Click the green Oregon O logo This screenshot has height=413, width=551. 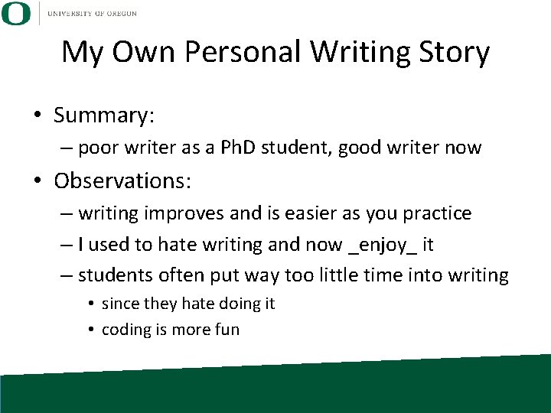[16, 13]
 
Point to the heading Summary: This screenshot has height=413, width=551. [104, 115]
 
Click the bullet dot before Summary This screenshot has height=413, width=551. [37, 116]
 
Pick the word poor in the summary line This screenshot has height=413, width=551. [95, 148]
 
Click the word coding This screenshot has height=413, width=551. [126, 330]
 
